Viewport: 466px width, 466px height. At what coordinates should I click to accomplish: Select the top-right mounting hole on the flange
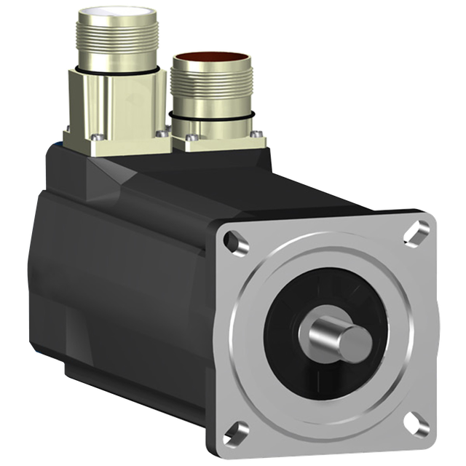[x=419, y=232]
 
